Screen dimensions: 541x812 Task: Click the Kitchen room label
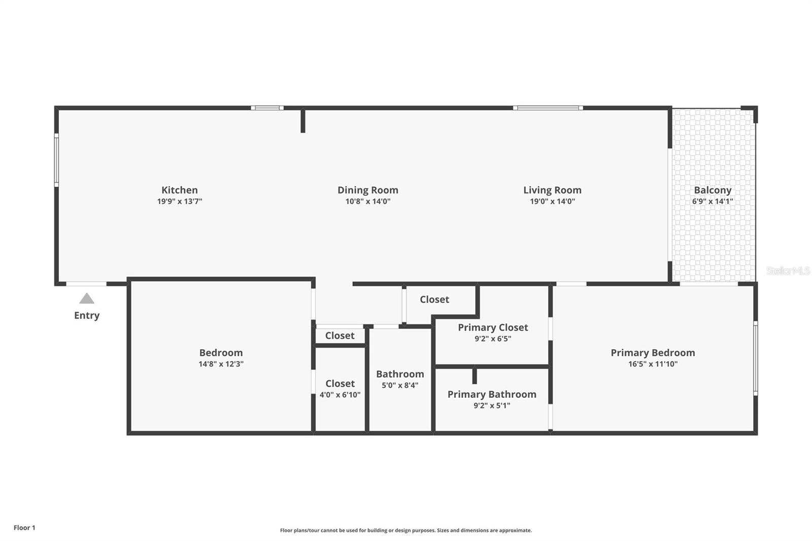(x=180, y=190)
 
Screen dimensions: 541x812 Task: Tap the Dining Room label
(x=368, y=190)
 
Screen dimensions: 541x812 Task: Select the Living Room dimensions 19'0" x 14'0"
(x=552, y=201)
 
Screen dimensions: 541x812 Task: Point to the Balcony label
(x=713, y=190)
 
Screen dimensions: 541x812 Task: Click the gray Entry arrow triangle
(x=87, y=298)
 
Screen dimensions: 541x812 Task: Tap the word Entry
(x=87, y=315)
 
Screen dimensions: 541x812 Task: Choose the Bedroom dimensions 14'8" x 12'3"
(x=221, y=364)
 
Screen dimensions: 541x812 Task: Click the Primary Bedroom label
(x=653, y=353)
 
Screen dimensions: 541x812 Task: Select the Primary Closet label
(x=493, y=327)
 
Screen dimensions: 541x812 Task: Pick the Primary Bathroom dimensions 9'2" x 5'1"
(x=492, y=405)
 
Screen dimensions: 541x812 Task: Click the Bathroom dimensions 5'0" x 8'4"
(x=400, y=385)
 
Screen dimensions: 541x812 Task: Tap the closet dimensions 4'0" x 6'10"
(x=340, y=395)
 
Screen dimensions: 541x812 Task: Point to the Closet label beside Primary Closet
(x=434, y=299)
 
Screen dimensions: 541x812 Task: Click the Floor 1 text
(x=24, y=528)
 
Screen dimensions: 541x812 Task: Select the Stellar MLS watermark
(x=788, y=271)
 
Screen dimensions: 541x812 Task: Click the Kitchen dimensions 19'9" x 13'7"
(x=180, y=201)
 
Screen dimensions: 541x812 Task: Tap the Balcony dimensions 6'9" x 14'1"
(x=713, y=201)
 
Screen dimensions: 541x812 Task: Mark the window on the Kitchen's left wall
(x=56, y=160)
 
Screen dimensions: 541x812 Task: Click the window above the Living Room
(x=548, y=108)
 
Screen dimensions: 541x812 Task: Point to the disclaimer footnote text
(x=406, y=530)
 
